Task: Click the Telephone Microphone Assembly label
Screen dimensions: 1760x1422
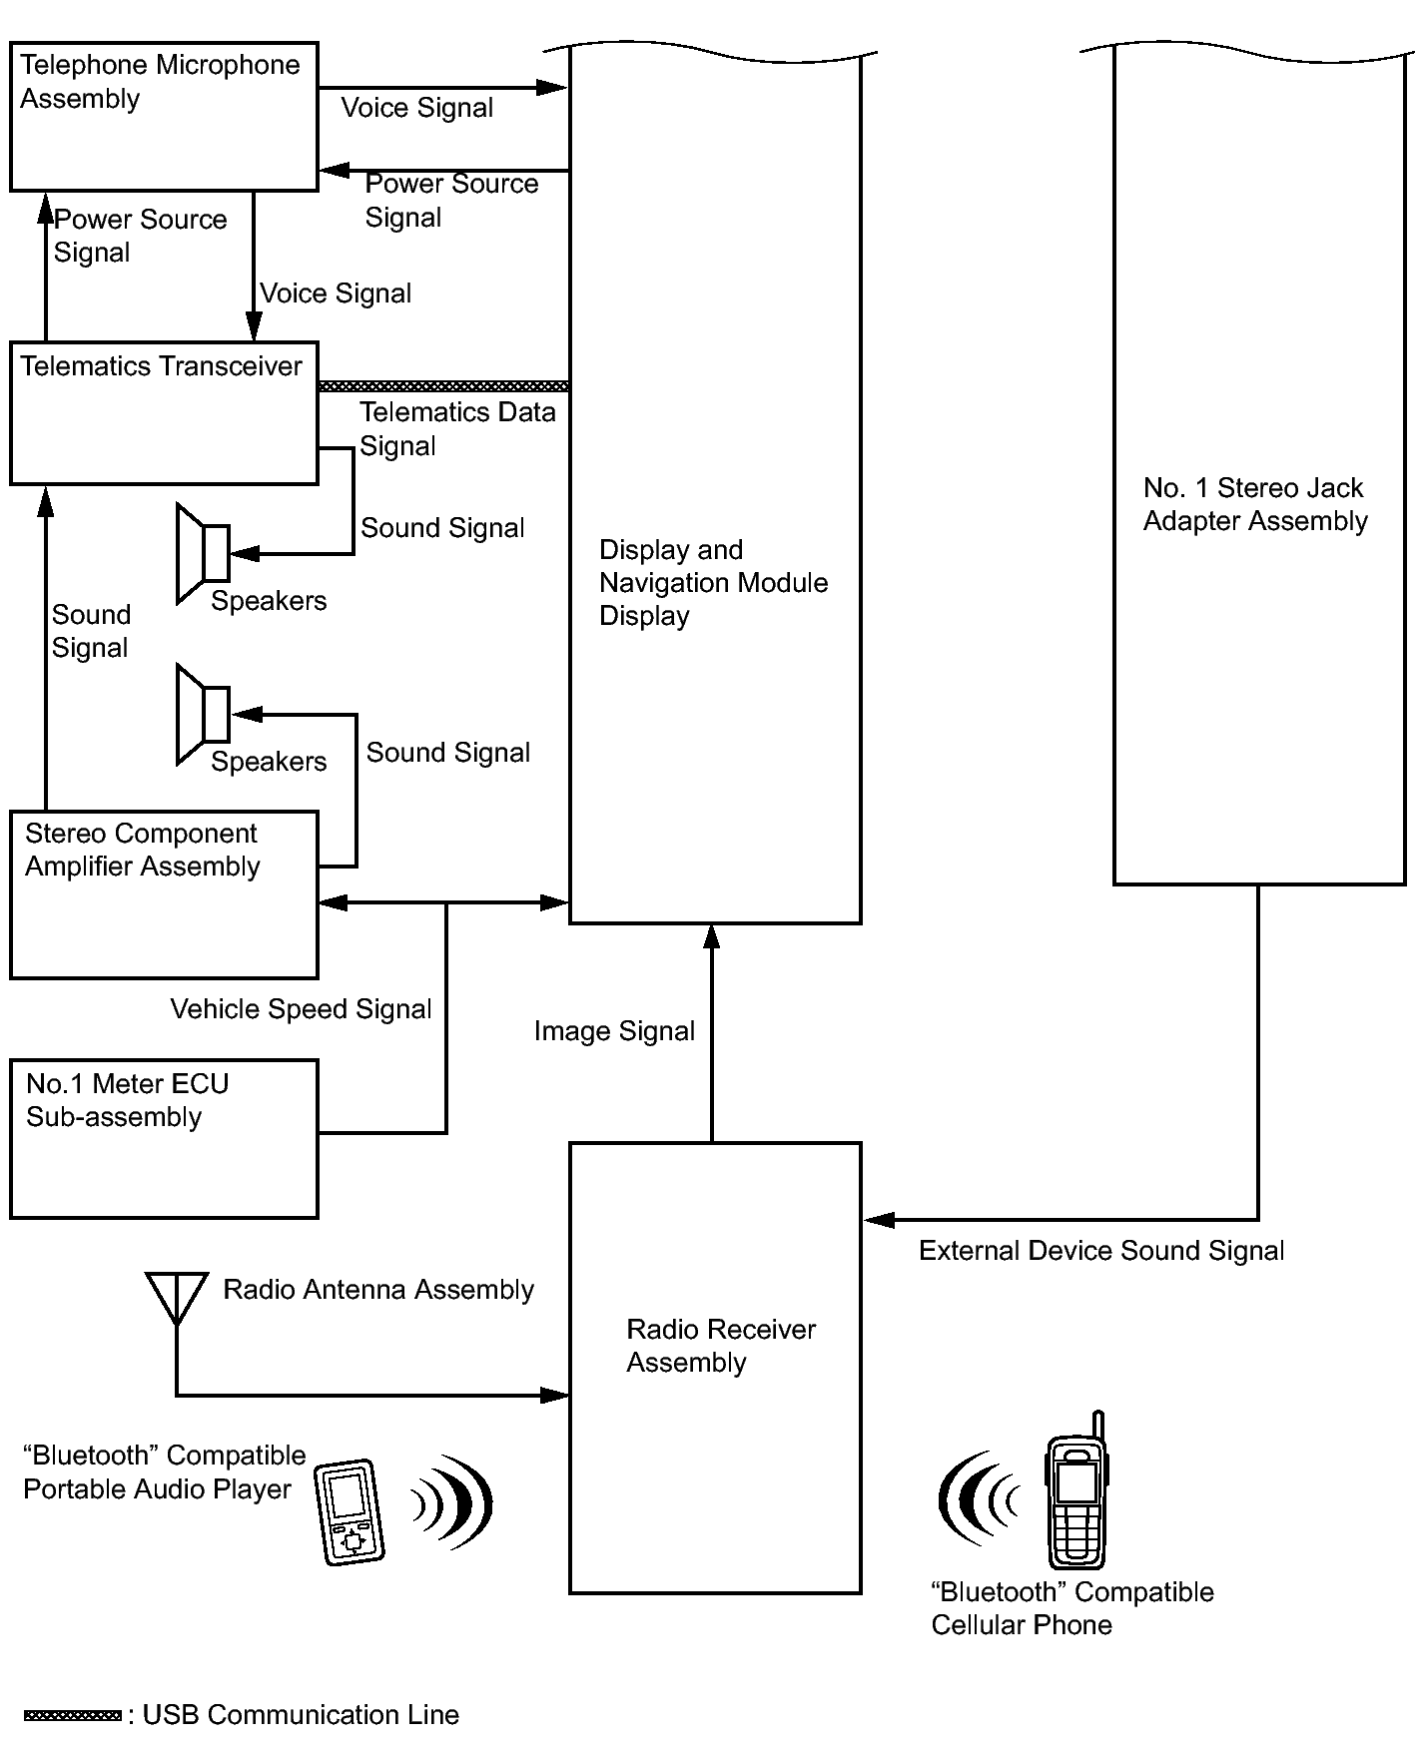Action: (159, 82)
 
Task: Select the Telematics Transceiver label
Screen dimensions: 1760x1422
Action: (161, 366)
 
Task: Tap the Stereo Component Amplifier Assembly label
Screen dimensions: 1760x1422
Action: (142, 850)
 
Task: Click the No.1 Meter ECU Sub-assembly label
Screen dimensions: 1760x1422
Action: (127, 1100)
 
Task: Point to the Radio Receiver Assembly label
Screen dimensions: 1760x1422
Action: (720, 1346)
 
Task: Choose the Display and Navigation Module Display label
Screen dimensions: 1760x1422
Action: (712, 583)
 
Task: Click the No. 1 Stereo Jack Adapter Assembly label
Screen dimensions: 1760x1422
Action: (1254, 504)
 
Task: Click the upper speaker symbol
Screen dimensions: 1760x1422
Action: (203, 553)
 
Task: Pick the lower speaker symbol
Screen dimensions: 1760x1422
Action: (203, 714)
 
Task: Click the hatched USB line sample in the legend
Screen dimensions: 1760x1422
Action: (72, 1716)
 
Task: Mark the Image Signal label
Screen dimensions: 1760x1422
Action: (614, 1031)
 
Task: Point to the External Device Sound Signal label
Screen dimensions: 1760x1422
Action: (1100, 1251)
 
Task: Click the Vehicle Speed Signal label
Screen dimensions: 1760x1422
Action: (301, 1009)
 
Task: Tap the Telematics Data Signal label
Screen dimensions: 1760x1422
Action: (456, 428)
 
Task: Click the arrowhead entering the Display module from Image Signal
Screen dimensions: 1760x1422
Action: (711, 935)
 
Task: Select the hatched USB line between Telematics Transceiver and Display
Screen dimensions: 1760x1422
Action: (443, 386)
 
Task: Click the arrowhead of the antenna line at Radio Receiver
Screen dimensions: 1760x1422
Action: (555, 1395)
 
